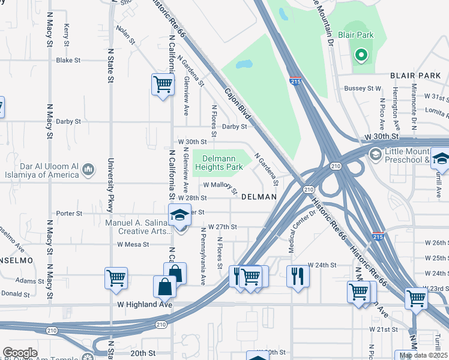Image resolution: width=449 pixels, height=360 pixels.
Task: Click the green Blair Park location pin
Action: click(x=361, y=56)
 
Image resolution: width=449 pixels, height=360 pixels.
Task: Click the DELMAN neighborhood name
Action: click(x=259, y=197)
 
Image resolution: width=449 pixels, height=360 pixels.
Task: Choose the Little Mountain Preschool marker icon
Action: click(x=376, y=155)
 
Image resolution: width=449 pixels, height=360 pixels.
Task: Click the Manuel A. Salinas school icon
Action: click(x=179, y=215)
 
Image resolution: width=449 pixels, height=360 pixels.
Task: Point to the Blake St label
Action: click(x=68, y=61)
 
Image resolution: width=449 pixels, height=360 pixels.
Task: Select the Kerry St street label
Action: click(x=67, y=34)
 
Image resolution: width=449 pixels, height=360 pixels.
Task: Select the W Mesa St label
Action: click(x=132, y=244)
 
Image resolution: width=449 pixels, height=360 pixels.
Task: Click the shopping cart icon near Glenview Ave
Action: click(x=163, y=85)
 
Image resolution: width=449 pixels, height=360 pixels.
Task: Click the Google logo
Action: click(x=20, y=353)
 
